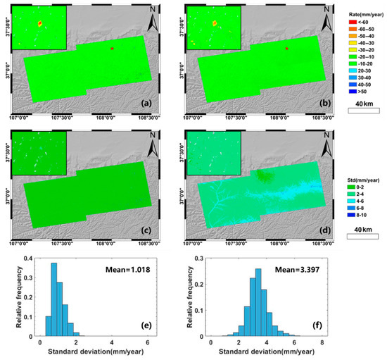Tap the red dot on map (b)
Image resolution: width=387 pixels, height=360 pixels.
286,49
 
